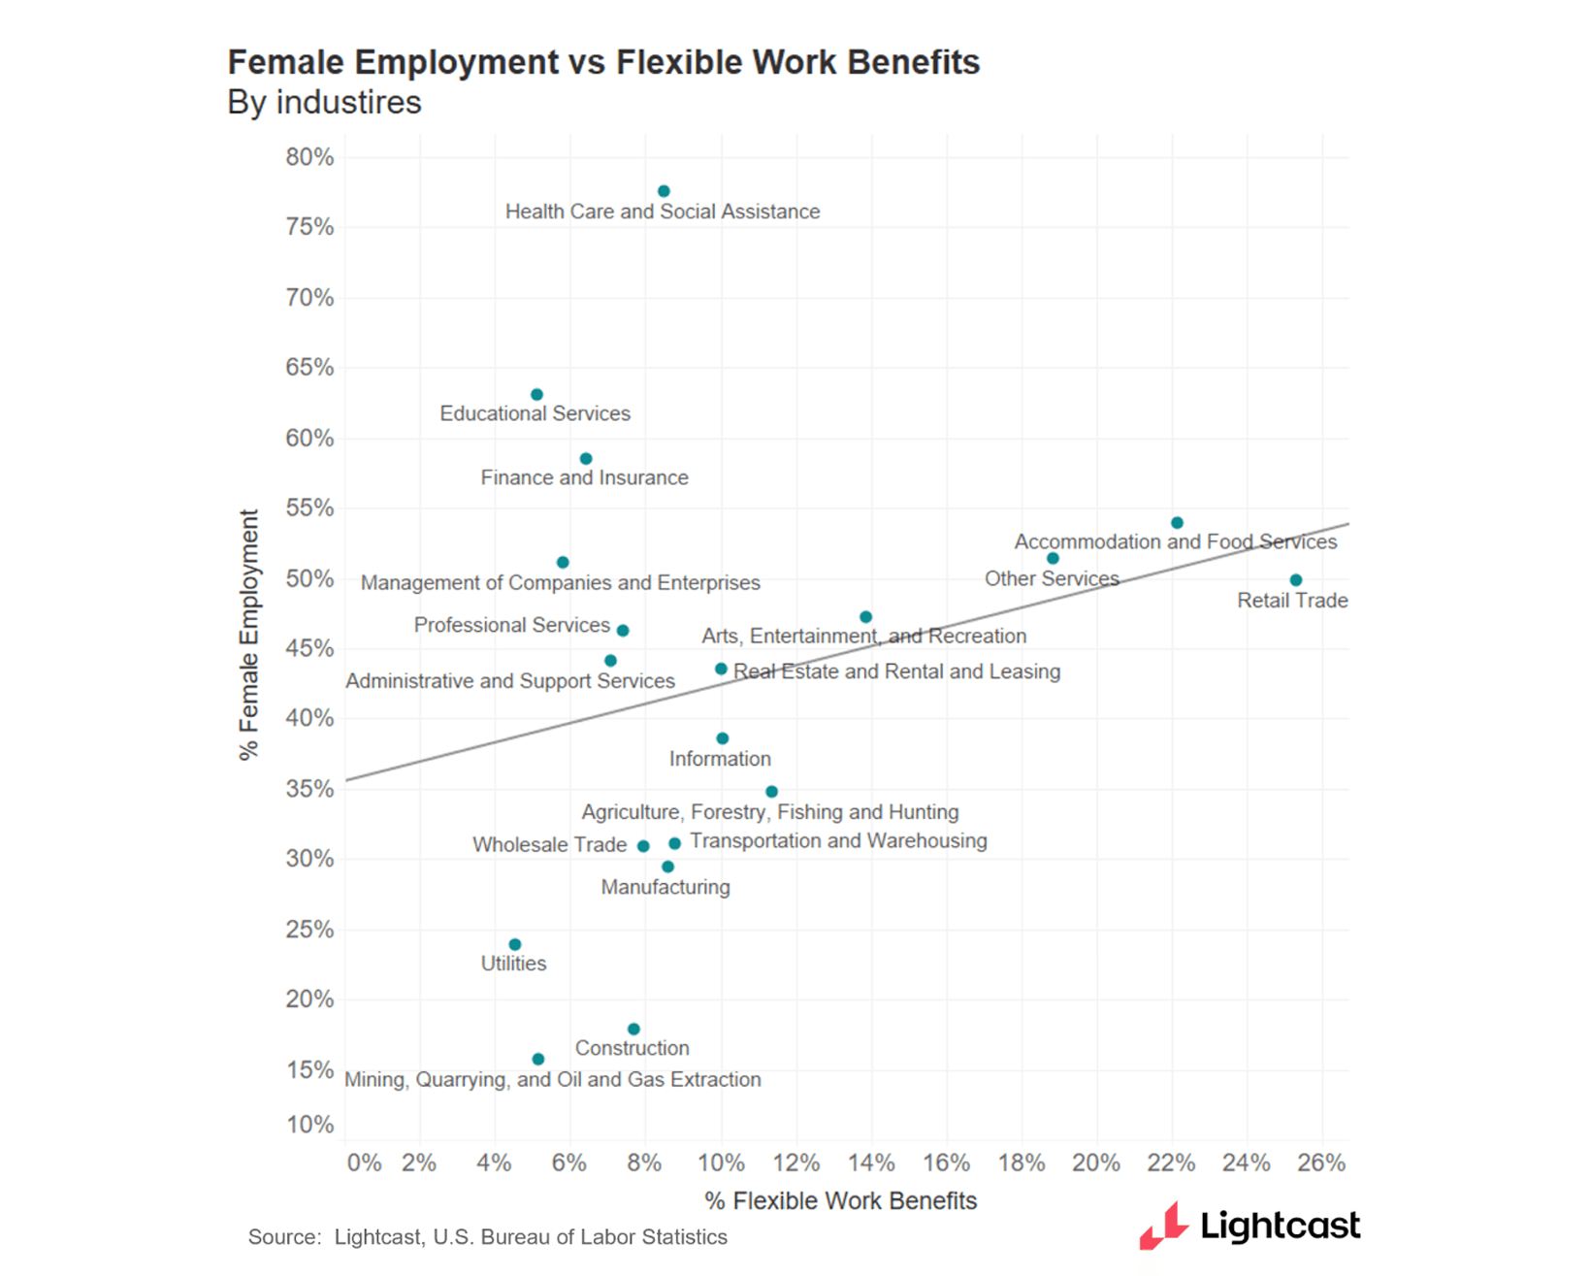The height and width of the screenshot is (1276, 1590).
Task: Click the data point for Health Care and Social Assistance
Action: [664, 191]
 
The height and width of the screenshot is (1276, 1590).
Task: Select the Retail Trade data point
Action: [1296, 580]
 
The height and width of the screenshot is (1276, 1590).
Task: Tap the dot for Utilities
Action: [515, 944]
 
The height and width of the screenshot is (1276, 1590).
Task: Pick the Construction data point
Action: [633, 1029]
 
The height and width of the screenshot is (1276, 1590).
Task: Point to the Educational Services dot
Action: [536, 395]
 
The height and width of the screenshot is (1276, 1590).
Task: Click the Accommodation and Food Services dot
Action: [1177, 523]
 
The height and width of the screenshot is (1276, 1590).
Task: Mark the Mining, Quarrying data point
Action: [538, 1059]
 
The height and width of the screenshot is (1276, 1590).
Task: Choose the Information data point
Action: [722, 738]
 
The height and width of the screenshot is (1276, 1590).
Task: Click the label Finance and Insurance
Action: [584, 477]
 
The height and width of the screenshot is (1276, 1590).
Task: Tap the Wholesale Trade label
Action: [549, 845]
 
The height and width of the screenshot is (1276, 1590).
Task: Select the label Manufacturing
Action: [665, 887]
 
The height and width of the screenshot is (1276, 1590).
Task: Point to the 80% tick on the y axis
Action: [309, 157]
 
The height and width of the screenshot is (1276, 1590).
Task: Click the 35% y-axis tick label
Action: [309, 789]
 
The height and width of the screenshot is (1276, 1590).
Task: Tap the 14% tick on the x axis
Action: [871, 1162]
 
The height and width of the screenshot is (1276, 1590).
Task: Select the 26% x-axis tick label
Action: [1321, 1162]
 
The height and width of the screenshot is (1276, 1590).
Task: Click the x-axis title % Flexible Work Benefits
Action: [840, 1201]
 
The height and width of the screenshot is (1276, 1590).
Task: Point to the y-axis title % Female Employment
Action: [249, 635]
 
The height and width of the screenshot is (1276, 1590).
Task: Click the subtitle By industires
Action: [324, 102]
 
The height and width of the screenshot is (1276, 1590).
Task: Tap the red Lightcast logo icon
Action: [1164, 1225]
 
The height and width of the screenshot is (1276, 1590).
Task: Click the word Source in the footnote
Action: [282, 1237]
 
